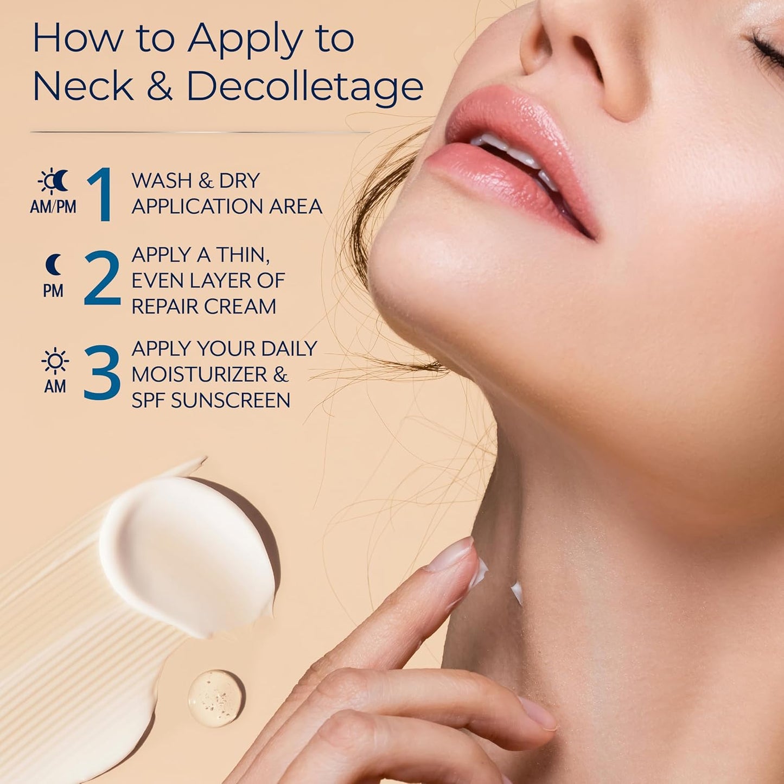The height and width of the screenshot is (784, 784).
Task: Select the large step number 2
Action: pyautogui.click(x=102, y=278)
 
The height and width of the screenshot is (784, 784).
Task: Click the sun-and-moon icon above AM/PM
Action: pyautogui.click(x=53, y=181)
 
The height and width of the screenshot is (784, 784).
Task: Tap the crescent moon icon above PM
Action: pyautogui.click(x=53, y=264)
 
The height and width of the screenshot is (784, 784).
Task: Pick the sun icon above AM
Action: pyautogui.click(x=55, y=361)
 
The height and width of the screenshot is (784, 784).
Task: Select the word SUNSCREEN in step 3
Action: pyautogui.click(x=231, y=400)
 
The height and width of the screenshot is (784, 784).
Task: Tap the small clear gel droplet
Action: pyautogui.click(x=216, y=698)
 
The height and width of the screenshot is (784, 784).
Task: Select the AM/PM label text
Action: pyautogui.click(x=53, y=207)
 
